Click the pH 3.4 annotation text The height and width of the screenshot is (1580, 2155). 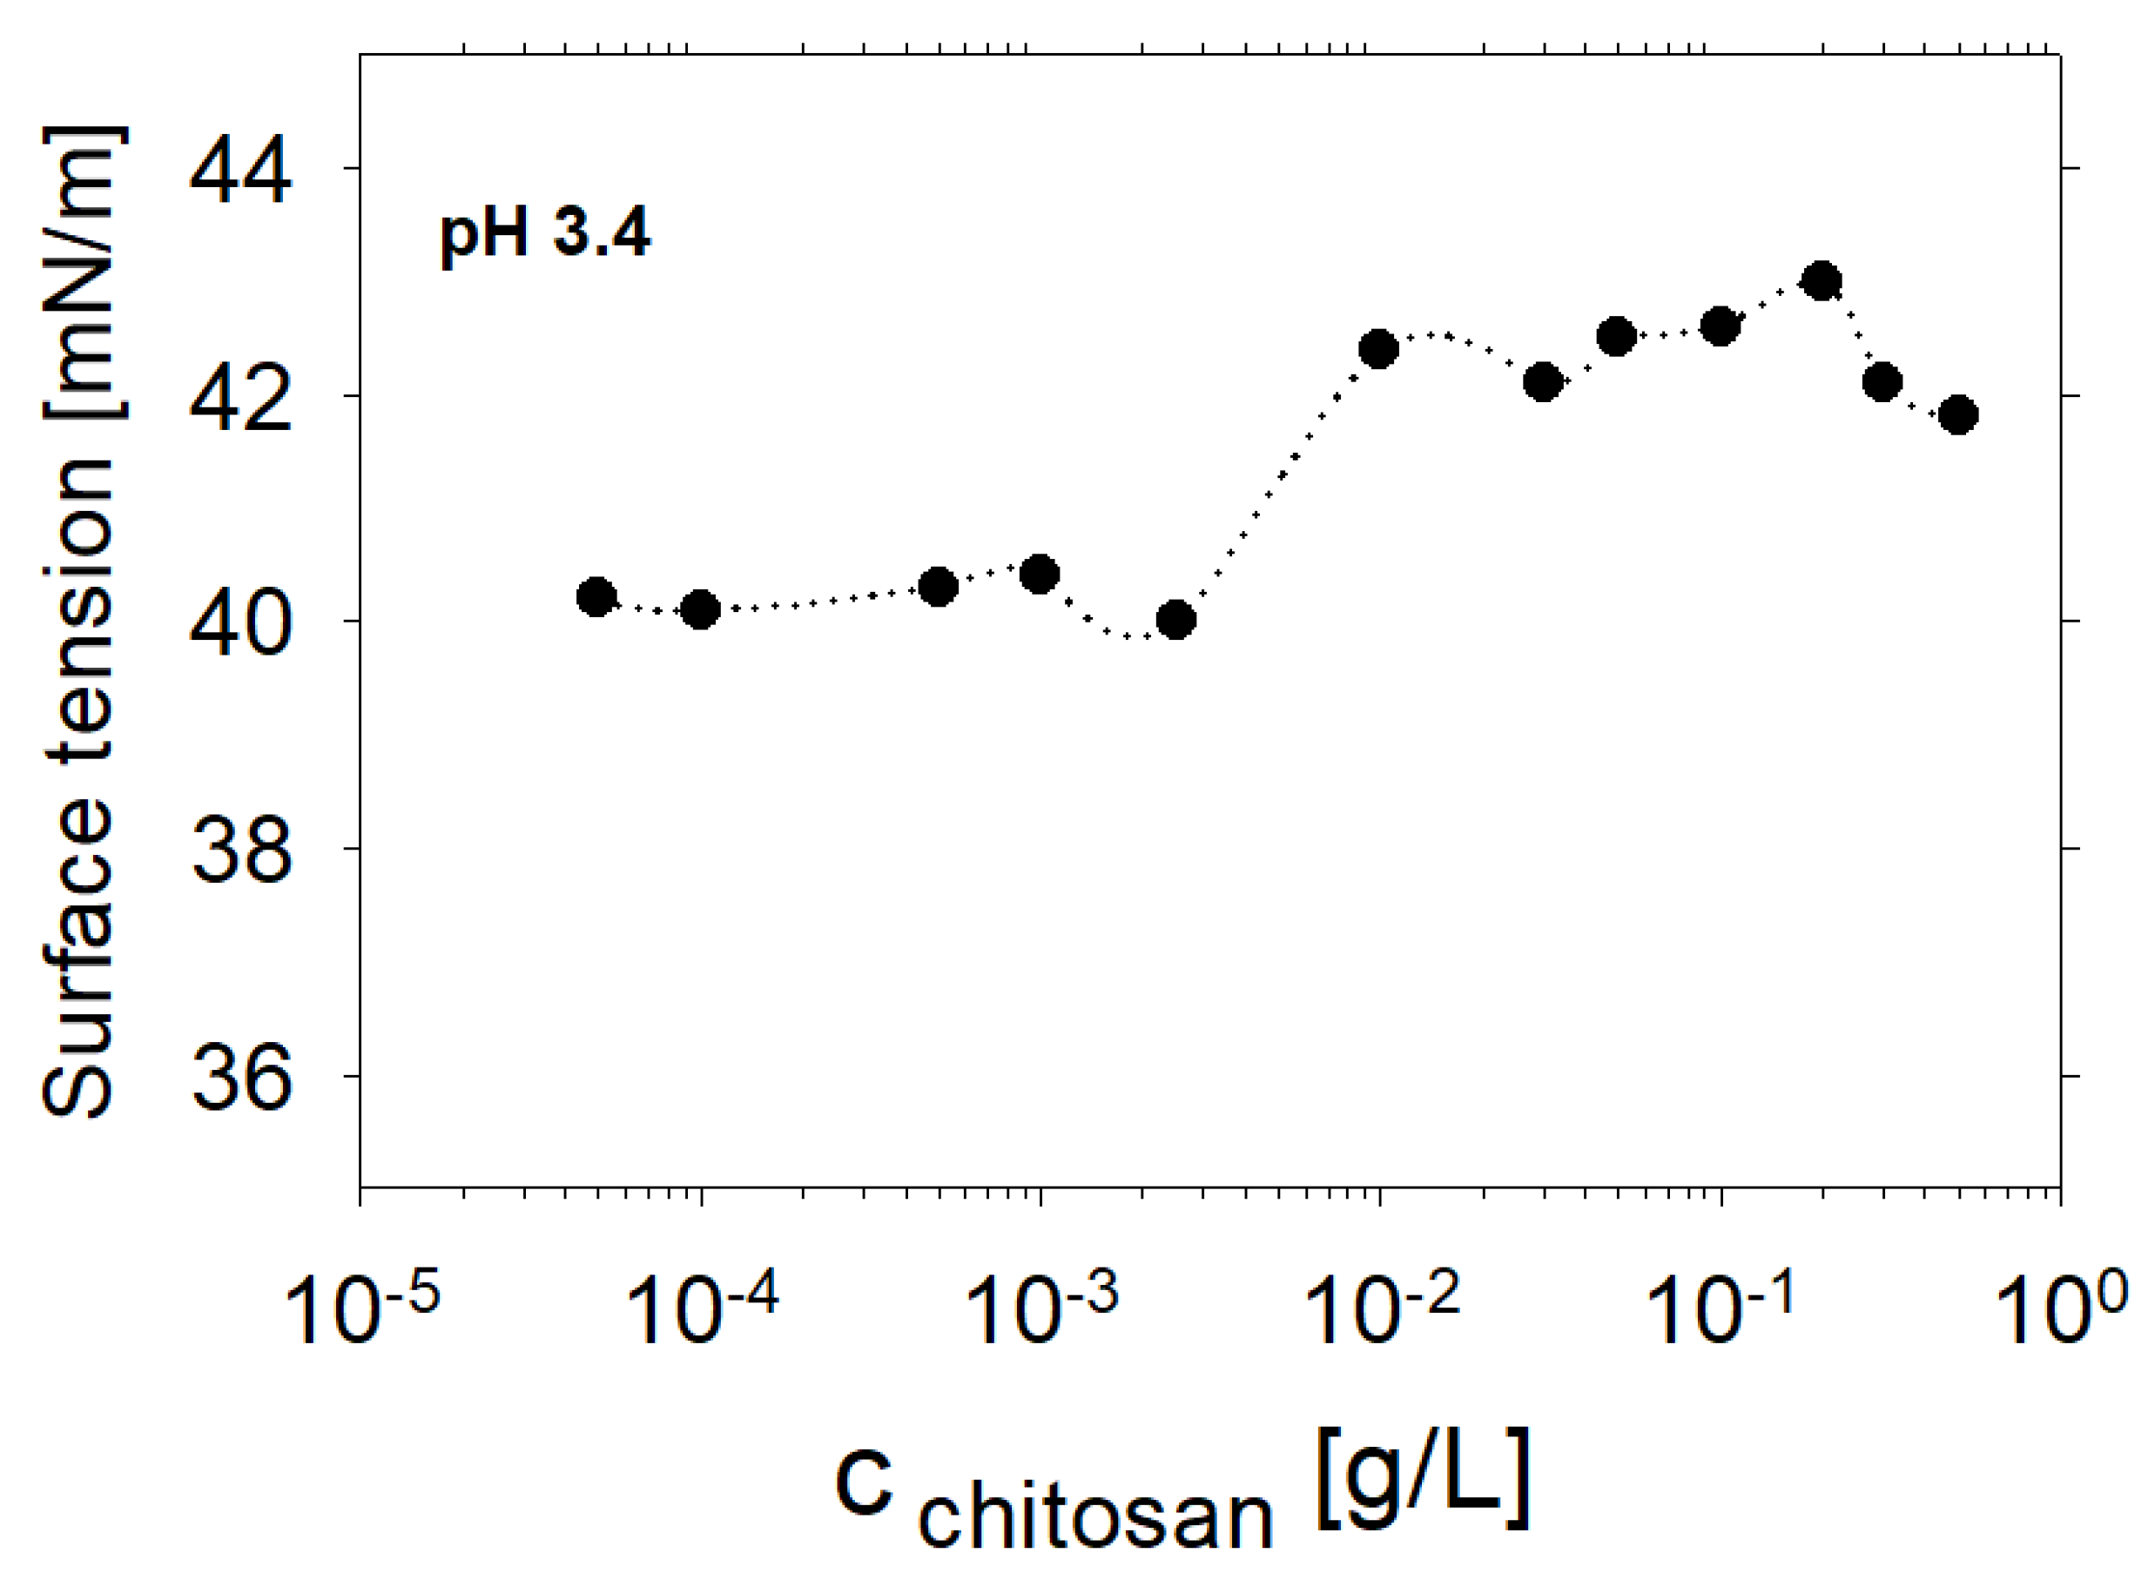(544, 234)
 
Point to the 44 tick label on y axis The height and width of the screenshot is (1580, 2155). (239, 172)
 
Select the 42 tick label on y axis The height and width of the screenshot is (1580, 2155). (239, 397)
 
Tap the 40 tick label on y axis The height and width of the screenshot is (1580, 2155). (239, 623)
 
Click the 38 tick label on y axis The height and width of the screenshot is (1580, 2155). (239, 851)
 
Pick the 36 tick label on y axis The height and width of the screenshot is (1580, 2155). (239, 1077)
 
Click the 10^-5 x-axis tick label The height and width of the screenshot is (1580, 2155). (361, 1311)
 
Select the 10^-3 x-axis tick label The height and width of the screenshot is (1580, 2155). (1040, 1311)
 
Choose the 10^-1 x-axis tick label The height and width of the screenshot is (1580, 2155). (1721, 1311)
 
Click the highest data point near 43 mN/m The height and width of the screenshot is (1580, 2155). (1822, 281)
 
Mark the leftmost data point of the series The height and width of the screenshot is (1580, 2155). (596, 597)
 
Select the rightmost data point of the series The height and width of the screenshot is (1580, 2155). (1958, 414)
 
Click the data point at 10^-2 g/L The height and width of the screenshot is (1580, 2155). (1378, 349)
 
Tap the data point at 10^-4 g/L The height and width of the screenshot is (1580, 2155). (700, 609)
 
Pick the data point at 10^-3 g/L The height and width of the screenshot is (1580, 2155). (1040, 575)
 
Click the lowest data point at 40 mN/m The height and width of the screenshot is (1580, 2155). (1175, 620)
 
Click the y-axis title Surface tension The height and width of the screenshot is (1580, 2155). (81, 622)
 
